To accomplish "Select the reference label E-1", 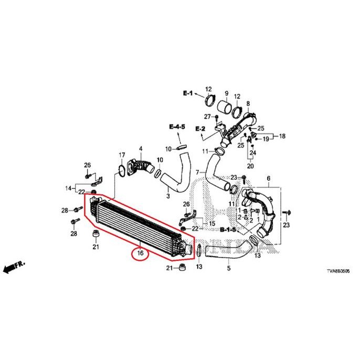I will point(188,93).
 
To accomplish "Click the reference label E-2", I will point(200,129).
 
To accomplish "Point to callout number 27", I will point(207,116).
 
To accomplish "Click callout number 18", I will point(282,136).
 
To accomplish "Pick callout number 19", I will point(266,139).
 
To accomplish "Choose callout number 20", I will point(250,166).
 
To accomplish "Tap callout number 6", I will point(269,179).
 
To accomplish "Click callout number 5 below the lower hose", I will point(228,269).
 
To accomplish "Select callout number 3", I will point(168,196).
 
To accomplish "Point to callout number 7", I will point(198,173).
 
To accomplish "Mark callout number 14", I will point(68,188).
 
